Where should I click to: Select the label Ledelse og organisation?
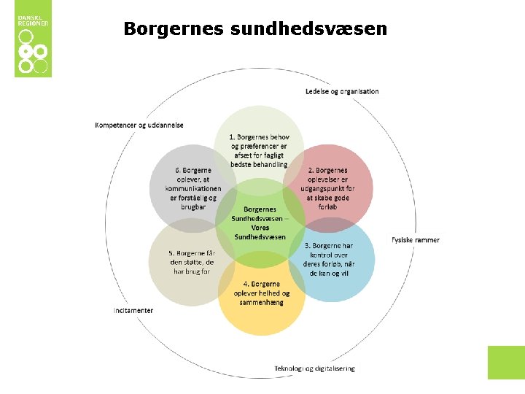(x=342, y=91)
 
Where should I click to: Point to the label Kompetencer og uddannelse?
(x=139, y=125)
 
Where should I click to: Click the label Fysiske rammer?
(x=415, y=239)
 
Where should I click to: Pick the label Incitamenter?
(x=133, y=310)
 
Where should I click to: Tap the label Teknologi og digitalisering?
(x=314, y=368)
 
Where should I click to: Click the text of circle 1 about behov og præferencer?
(x=259, y=150)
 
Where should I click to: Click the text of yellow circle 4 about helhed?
(x=262, y=293)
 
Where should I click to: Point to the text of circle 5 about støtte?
(x=192, y=261)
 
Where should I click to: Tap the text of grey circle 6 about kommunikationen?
(x=192, y=188)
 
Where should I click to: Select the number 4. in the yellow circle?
(x=246, y=284)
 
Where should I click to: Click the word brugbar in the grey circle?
(x=192, y=206)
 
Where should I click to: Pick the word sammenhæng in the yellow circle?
(x=262, y=302)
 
